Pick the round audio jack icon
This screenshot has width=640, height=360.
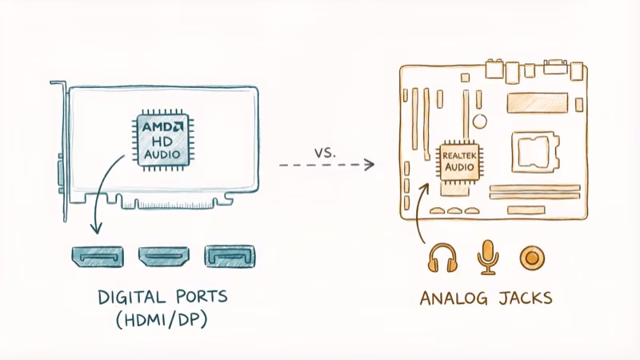pos(530,257)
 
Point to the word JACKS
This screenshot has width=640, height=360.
pos(525,298)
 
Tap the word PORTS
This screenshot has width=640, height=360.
pos(199,297)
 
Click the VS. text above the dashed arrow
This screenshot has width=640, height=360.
pos(325,150)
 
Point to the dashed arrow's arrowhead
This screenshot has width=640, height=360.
pos(369,165)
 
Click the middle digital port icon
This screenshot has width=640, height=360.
pos(162,256)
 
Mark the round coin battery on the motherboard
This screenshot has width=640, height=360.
pos(479,122)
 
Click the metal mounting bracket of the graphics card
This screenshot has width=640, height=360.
pos(61,152)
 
